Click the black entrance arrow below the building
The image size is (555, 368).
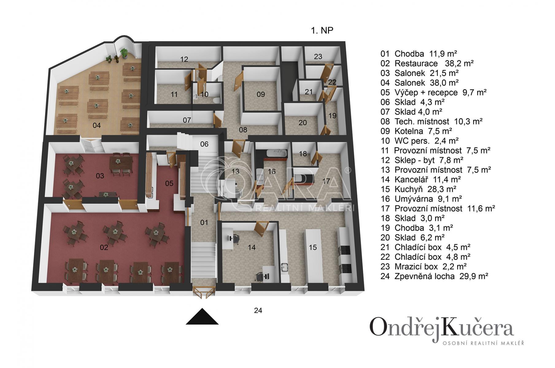click(202, 316)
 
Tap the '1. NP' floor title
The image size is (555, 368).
click(322, 30)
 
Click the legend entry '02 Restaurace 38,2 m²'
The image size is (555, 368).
click(427, 63)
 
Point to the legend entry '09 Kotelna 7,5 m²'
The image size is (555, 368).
click(416, 131)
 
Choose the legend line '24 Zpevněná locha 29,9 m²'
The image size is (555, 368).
click(434, 276)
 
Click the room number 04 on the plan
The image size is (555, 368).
click(97, 125)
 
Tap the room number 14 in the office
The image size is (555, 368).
click(252, 247)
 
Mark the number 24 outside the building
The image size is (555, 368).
click(258, 310)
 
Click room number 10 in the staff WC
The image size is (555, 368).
click(204, 94)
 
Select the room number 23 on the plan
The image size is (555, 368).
click(318, 56)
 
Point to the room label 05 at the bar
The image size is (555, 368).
click(169, 183)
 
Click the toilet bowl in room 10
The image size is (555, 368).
click(217, 100)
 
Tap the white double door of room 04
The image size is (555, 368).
click(91, 145)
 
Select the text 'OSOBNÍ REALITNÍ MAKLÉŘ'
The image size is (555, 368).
click(483, 343)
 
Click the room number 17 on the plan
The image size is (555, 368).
click(326, 181)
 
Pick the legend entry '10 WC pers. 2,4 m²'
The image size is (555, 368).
click(419, 141)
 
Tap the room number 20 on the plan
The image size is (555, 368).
click(303, 123)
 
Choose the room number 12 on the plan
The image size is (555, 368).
click(184, 59)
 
